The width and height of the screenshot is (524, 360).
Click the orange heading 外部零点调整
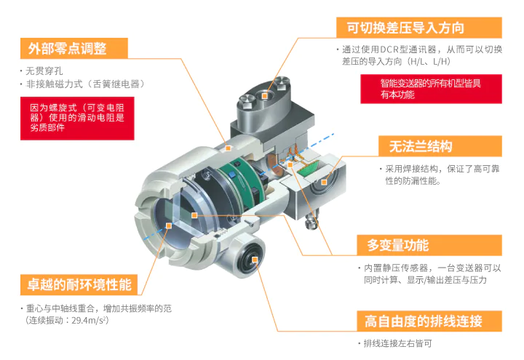pos(68,49)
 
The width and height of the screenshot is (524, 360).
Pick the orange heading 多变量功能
pos(398,244)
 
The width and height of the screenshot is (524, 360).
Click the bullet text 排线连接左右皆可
pos(397,343)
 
